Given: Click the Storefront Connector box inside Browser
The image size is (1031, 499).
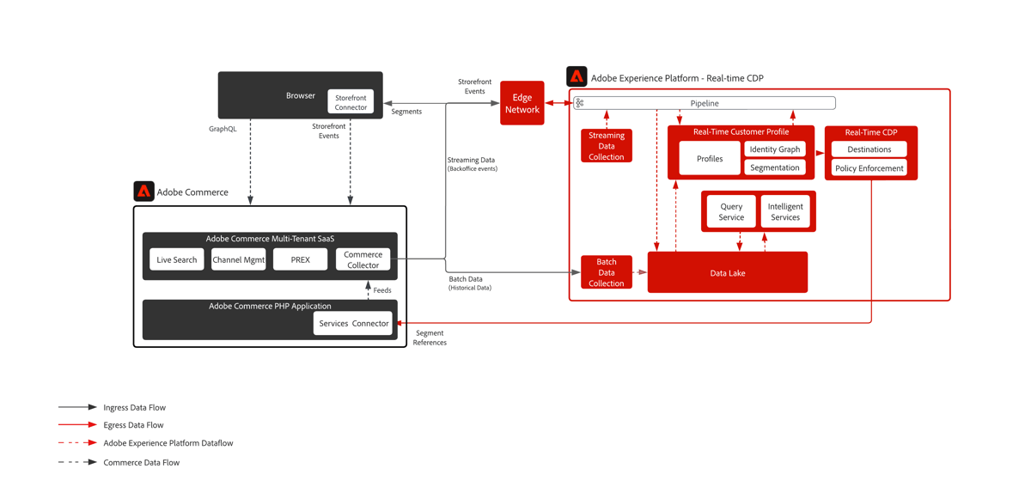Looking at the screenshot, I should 351,102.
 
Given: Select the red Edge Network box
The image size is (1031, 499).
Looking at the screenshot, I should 522,103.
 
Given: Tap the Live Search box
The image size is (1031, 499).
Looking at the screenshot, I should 177,259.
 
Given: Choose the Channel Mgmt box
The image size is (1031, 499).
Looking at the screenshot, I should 239,259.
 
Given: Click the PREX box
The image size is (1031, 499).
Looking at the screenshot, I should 300,259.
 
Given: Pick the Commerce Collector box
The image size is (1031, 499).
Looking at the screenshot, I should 363,259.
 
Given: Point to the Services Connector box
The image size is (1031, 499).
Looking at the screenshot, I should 353,323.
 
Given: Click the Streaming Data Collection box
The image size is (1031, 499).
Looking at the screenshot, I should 607,146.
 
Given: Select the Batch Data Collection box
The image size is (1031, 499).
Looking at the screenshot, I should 607,272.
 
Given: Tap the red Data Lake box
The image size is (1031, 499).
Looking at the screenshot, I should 727,273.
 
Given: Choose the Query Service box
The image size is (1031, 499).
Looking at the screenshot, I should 731,211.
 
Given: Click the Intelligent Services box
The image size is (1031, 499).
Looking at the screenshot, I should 785,211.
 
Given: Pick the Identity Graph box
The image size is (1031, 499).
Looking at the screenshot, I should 775,149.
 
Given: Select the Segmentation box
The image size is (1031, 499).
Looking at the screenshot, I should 775,167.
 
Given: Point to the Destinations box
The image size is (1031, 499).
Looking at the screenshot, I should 869,149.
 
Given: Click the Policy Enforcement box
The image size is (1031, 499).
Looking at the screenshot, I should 869,168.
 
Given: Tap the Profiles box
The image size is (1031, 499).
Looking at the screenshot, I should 710,159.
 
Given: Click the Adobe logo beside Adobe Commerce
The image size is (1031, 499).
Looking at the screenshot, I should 143,191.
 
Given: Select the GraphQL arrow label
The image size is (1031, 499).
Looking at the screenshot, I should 223,129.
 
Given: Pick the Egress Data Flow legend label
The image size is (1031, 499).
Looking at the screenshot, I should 133,425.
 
